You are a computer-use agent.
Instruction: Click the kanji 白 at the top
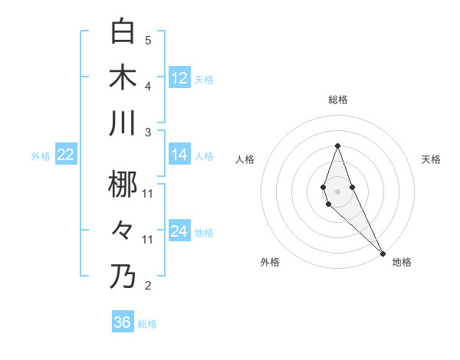point(123,31)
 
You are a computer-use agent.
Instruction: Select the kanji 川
point(123,123)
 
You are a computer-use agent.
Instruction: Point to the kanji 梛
point(123,184)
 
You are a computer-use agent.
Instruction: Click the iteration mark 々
point(123,230)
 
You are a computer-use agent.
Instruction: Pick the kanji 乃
point(123,276)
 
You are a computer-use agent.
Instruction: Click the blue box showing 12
point(179,78)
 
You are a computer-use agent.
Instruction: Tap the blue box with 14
point(179,155)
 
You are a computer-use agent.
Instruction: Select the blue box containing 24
point(179,231)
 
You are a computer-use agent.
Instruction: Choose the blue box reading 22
point(66,155)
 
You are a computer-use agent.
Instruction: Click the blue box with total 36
point(123,322)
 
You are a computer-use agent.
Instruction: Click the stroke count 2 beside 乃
point(148,286)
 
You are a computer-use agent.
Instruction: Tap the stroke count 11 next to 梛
point(148,193)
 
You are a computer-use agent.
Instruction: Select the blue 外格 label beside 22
point(41,155)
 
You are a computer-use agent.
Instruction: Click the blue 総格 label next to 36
point(147,324)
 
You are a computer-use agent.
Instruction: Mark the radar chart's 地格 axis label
point(402,262)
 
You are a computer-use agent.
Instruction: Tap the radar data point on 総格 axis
point(337,146)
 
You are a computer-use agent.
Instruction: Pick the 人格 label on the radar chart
point(245,159)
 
